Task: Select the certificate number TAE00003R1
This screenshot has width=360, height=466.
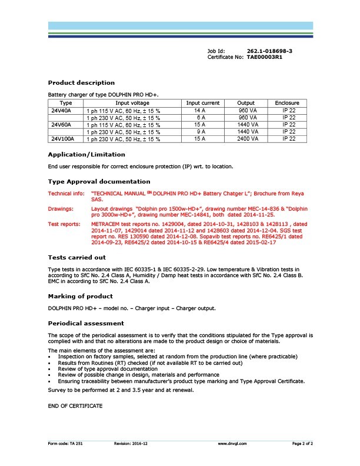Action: click(x=265, y=57)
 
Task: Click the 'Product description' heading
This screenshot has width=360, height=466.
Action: click(x=81, y=83)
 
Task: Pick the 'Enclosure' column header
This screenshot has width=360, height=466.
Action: click(x=287, y=103)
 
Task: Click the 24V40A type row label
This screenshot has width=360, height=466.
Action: click(x=61, y=110)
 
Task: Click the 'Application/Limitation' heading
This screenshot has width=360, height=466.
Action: click(x=86, y=155)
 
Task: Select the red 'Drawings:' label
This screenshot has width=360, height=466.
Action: click(x=61, y=208)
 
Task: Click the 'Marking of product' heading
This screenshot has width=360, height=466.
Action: click(x=80, y=296)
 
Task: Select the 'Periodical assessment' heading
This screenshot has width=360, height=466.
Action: click(x=86, y=323)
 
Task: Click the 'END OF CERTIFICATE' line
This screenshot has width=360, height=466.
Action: click(x=75, y=406)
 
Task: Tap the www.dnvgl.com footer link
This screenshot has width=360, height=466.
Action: click(x=232, y=442)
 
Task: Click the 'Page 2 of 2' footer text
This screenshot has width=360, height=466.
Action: click(x=303, y=442)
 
